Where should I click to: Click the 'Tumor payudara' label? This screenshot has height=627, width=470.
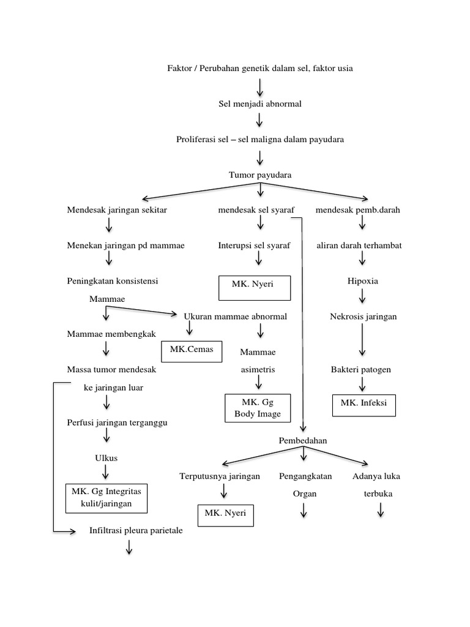coord(260,175)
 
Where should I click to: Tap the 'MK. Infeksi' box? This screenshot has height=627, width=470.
coord(364,405)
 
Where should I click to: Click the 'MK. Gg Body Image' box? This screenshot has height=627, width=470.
coord(257,408)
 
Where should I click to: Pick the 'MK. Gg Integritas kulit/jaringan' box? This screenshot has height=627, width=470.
coord(108,497)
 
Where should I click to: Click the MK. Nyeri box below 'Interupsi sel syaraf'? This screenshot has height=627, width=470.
coord(253,288)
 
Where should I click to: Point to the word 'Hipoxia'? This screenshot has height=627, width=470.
coord(363,281)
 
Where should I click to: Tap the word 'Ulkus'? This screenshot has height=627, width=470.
coord(106,458)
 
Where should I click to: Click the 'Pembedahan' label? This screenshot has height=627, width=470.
coord(303,440)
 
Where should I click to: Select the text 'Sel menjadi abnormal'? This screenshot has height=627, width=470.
coord(260,104)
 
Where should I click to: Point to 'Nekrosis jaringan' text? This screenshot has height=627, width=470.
coord(364,317)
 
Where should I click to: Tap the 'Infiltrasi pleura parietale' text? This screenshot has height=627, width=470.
coord(136,531)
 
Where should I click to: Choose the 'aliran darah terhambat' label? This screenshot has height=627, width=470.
coord(359,246)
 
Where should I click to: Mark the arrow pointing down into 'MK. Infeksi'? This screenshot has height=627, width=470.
coord(363,385)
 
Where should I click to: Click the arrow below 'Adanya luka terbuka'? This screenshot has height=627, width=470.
coord(381,510)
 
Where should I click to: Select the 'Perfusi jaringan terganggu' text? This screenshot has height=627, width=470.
coord(117,423)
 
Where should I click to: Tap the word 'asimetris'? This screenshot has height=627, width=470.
coord(258,370)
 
